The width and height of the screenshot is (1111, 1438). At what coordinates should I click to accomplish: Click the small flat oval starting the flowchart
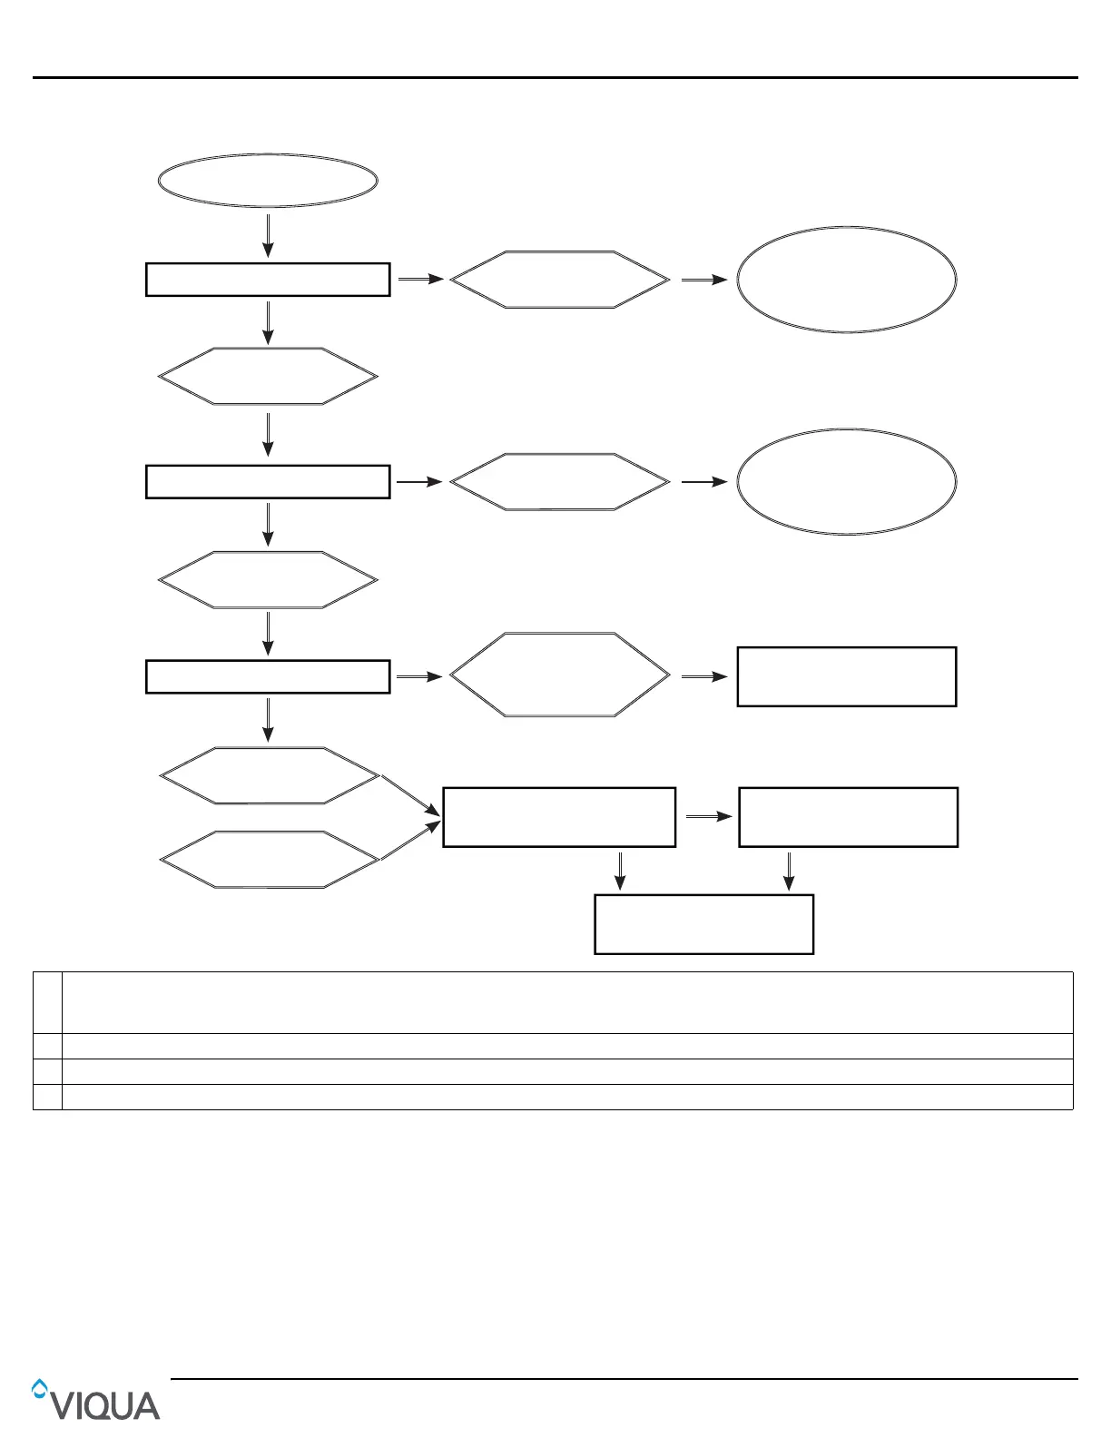pyautogui.click(x=268, y=181)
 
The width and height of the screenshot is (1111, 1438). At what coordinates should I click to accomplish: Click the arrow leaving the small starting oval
pyautogui.click(x=268, y=235)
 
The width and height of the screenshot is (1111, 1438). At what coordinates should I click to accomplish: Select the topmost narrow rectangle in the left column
pyautogui.click(x=268, y=280)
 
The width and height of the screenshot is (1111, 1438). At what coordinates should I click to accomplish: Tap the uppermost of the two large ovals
pyautogui.click(x=846, y=280)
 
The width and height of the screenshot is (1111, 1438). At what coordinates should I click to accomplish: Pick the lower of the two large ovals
pyautogui.click(x=846, y=482)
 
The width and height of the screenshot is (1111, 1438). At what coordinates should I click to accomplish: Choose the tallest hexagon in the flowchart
pyautogui.click(x=560, y=675)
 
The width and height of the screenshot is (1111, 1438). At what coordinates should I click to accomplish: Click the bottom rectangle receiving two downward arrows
pyautogui.click(x=703, y=924)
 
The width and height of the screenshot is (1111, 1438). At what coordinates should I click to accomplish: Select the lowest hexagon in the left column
pyautogui.click(x=269, y=859)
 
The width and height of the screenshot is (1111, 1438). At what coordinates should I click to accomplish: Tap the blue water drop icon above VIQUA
pyautogui.click(x=39, y=1387)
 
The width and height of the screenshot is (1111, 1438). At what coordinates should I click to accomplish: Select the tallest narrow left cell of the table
pyautogui.click(x=47, y=1002)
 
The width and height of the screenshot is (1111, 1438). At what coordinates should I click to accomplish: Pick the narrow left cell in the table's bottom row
pyautogui.click(x=47, y=1097)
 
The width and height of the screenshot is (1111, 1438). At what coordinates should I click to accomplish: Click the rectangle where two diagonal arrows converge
pyautogui.click(x=559, y=817)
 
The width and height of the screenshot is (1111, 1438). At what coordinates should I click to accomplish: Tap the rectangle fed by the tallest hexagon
pyautogui.click(x=846, y=676)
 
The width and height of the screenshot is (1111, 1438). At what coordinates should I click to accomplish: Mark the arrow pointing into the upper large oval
pyautogui.click(x=704, y=281)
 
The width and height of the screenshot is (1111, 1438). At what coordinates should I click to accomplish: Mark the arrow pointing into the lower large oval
pyautogui.click(x=704, y=482)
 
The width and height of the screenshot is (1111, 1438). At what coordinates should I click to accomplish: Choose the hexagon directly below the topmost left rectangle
pyautogui.click(x=268, y=376)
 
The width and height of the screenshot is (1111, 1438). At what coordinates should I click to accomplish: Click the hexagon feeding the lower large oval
pyautogui.click(x=560, y=482)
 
